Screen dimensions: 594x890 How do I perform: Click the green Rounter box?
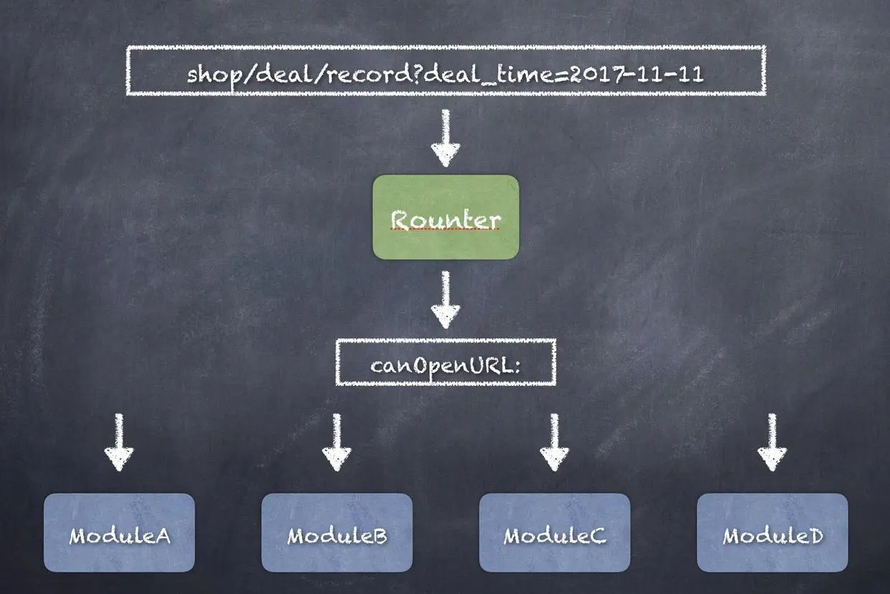click(445, 217)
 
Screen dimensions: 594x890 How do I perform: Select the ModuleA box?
click(119, 532)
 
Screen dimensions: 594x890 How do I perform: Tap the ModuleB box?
click(337, 532)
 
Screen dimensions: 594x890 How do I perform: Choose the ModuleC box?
click(554, 532)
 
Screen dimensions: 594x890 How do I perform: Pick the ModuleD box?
click(772, 532)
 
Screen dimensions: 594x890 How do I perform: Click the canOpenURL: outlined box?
click(446, 362)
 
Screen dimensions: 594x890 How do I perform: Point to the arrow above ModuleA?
click(119, 443)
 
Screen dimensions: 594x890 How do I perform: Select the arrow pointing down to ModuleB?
click(337, 443)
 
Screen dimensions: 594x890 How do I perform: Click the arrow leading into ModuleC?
click(554, 443)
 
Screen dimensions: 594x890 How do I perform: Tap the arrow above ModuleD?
click(772, 443)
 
